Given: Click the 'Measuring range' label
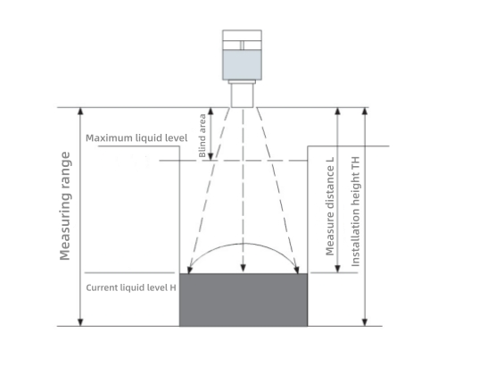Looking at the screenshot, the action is tap(65, 206).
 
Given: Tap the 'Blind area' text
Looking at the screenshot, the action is tap(202, 136).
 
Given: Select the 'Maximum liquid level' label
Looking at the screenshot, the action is tap(136, 137).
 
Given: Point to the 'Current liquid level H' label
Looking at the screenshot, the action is tap(131, 287).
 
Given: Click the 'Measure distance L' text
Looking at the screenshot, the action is tap(330, 207).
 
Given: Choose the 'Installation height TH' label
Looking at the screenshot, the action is tap(356, 212).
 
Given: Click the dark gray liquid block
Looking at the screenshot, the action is tap(244, 300).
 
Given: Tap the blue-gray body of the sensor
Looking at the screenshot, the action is tap(242, 65).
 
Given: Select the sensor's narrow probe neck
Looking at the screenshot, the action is tap(243, 96).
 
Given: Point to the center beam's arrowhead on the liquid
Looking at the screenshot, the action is tap(244, 268).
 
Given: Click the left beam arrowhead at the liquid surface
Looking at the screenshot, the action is tap(190, 270).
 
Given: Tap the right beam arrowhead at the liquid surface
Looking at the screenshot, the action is tap(296, 270).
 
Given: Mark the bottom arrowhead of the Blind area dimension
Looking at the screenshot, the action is tap(211, 156).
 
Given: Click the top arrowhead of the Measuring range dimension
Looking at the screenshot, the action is tap(80, 111).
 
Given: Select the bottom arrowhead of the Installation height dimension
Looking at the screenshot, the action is tap(365, 322).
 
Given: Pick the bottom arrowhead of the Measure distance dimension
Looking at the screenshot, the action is tap(337, 269).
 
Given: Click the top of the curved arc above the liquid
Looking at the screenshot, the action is tap(244, 244).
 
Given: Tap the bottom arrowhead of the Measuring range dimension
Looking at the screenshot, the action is tap(80, 322).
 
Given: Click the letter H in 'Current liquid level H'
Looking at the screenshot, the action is tap(173, 287).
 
